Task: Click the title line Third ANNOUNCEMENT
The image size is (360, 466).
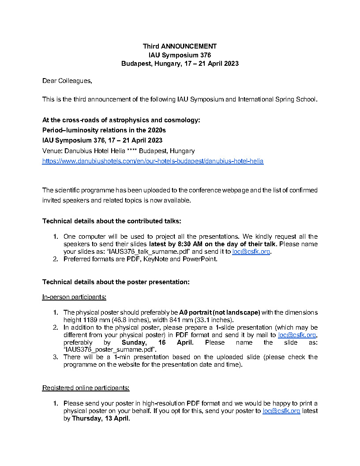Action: tap(180, 46)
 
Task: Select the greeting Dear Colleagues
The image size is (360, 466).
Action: tap(67, 81)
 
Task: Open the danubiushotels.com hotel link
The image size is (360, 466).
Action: tap(153, 162)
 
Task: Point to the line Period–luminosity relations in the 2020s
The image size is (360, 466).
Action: tap(104, 130)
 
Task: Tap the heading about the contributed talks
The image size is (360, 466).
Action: tap(112, 221)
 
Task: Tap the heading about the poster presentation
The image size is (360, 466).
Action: tap(116, 282)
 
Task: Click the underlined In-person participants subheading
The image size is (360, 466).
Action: tap(74, 297)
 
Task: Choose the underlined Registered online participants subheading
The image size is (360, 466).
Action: tap(86, 388)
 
